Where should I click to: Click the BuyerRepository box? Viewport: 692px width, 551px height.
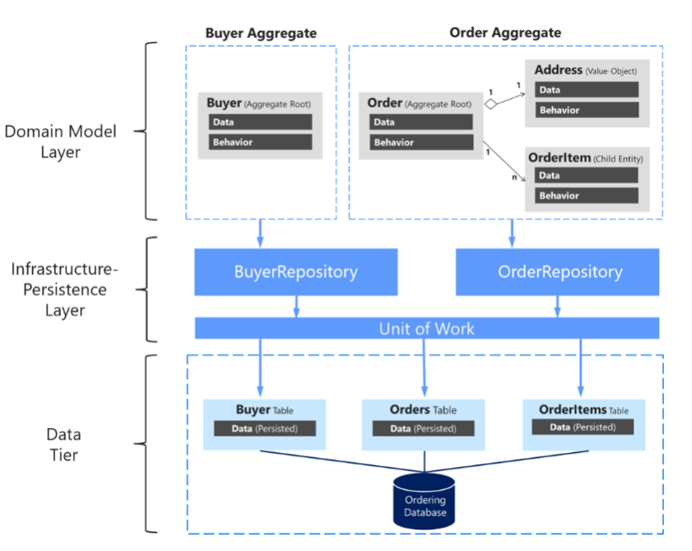[x=295, y=272]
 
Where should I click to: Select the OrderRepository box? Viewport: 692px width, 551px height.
[x=557, y=272]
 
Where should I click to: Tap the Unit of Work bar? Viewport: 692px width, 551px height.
[x=427, y=328]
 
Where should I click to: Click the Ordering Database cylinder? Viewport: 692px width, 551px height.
[x=424, y=502]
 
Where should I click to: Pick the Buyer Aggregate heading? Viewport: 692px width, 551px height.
[x=261, y=33]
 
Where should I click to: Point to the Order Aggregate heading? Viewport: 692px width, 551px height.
[x=504, y=33]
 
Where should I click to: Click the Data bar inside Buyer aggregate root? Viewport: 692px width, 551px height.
[x=259, y=122]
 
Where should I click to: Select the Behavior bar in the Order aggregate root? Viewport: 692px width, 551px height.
[x=420, y=142]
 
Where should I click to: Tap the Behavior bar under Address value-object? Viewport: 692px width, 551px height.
[x=586, y=110]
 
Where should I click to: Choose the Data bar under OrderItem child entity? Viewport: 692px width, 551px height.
[x=586, y=176]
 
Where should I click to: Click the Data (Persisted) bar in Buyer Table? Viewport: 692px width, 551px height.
[x=264, y=429]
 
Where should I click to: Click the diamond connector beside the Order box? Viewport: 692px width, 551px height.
[x=489, y=104]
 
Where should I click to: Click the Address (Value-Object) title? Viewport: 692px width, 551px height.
[x=586, y=70]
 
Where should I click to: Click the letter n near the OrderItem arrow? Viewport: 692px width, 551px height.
[x=514, y=177]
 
